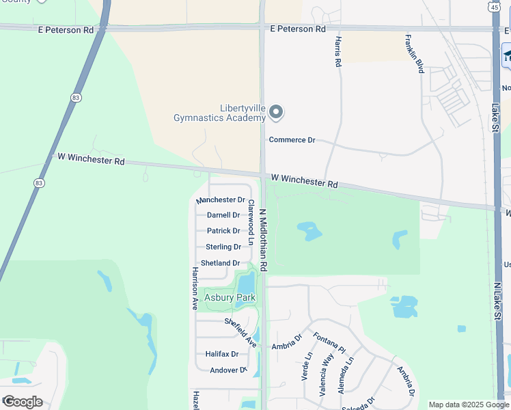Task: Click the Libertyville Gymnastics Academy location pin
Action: coord(276,111)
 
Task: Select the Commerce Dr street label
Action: coord(292,140)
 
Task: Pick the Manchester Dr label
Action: coord(220,200)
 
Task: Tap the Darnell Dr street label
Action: coord(223,215)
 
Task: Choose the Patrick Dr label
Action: coord(223,231)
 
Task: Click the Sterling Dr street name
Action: coord(223,247)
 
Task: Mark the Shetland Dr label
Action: coord(220,263)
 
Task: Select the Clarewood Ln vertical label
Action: coord(251,223)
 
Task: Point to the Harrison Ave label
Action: coord(195,288)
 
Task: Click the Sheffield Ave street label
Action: coord(240,332)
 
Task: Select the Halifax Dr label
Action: coord(222,354)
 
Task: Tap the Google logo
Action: coord(22,402)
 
